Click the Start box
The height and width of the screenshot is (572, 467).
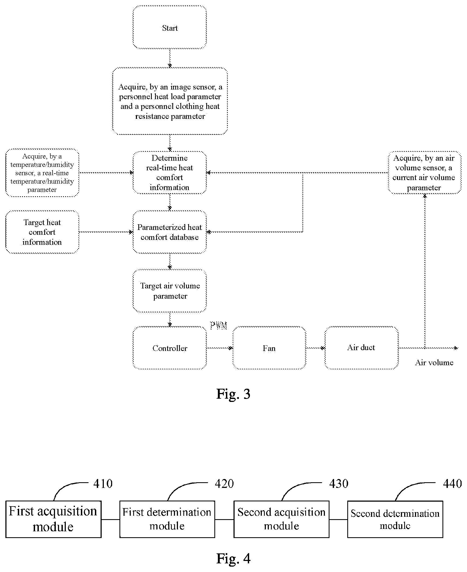click(170, 27)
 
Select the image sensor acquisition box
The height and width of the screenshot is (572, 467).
click(170, 101)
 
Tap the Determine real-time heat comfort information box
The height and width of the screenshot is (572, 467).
click(170, 173)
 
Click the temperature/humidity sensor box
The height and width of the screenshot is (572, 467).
click(42, 173)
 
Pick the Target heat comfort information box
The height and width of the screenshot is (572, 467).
click(42, 232)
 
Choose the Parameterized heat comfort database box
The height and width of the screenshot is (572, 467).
click(170, 232)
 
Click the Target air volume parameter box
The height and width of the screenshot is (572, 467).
click(170, 291)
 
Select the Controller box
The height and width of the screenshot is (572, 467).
click(170, 348)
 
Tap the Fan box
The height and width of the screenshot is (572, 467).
click(269, 348)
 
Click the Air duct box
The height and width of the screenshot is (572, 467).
click(362, 348)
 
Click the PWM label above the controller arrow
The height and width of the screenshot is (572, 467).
click(218, 325)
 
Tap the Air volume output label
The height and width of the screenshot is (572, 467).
click(434, 363)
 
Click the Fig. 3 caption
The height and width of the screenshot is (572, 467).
click(233, 394)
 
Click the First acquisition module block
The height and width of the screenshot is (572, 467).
click(53, 519)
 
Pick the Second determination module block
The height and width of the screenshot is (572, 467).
click(395, 519)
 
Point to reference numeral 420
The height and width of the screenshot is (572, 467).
click(224, 484)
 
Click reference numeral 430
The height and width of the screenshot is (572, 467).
click(339, 484)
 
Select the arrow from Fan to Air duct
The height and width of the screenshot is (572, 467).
click(315, 348)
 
